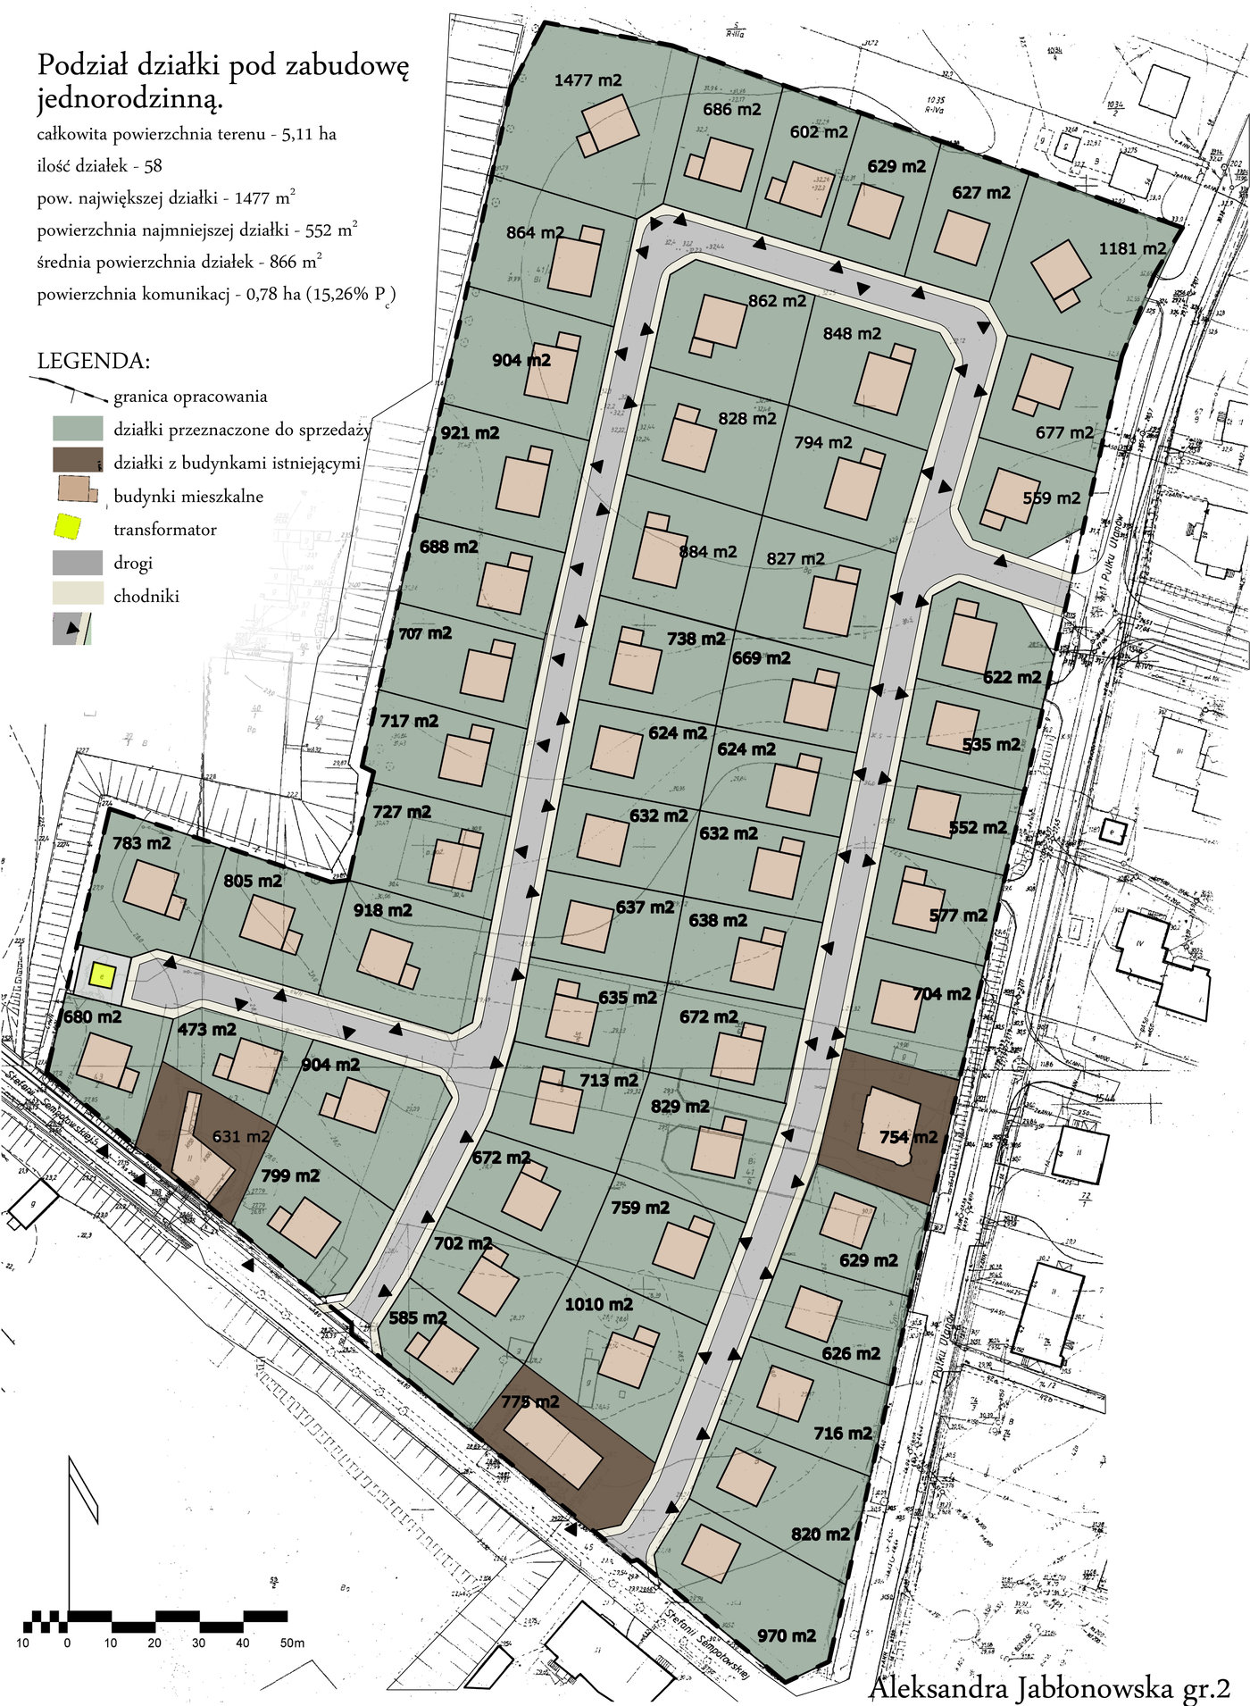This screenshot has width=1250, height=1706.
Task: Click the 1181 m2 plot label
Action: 1132,248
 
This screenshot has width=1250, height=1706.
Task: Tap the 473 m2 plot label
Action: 206,1029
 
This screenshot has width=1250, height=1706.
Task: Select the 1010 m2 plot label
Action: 598,1305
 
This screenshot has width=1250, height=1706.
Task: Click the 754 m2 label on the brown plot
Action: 908,1137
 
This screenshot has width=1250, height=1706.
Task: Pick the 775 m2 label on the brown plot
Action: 529,1401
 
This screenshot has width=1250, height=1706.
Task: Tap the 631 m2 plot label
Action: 240,1136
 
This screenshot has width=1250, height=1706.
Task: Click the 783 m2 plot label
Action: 141,842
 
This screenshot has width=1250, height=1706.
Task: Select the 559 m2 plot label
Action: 1051,498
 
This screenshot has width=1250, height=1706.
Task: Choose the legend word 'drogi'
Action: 133,564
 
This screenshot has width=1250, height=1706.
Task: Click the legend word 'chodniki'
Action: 146,597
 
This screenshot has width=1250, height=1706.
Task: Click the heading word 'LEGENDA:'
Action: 94,362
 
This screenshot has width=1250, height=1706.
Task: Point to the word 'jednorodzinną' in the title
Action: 129,100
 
